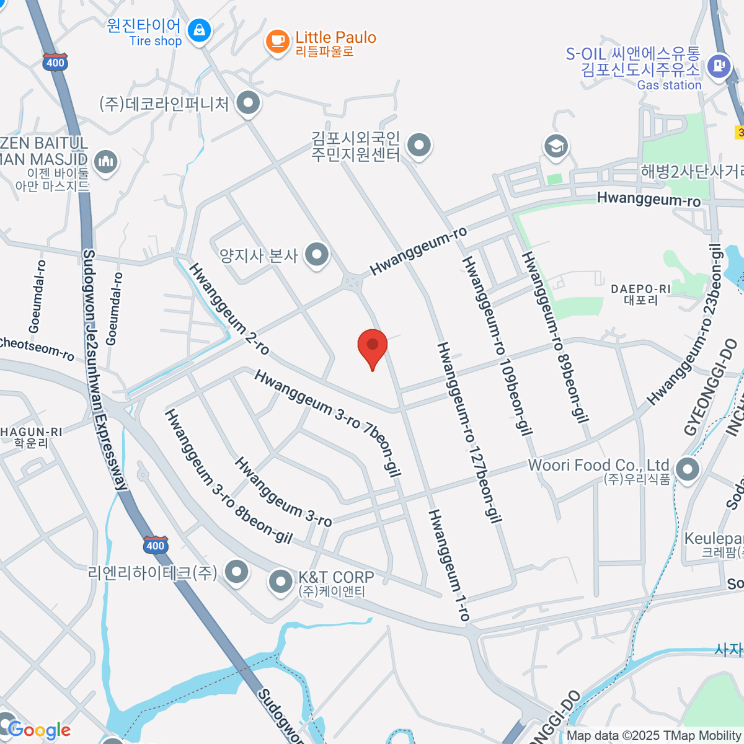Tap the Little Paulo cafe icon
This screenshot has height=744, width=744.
277,42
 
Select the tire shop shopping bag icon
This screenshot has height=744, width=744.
199,30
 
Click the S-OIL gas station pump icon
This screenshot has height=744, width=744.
719,65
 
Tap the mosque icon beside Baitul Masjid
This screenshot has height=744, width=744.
107,162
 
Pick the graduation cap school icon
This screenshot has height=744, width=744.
556,147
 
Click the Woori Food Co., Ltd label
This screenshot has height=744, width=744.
598,465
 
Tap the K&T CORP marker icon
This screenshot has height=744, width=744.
280,582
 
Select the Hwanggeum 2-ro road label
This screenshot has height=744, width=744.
229,309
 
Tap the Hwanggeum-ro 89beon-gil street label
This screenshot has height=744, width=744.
554,337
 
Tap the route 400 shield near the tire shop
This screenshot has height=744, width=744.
55,62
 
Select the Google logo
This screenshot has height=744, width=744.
39,730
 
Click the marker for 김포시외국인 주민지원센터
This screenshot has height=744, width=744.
420,146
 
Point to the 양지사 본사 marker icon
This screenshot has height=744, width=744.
317,255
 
